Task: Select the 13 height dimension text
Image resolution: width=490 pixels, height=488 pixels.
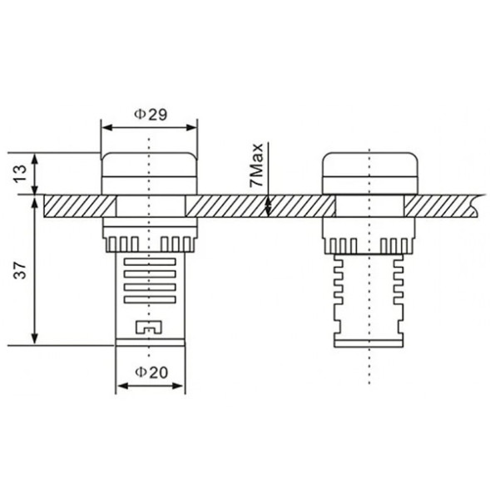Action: pos(22,174)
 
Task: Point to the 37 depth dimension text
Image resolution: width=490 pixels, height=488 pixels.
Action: pos(22,269)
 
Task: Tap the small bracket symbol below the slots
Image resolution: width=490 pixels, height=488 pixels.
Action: pos(149,326)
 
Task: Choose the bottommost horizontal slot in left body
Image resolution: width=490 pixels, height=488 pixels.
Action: pos(149,300)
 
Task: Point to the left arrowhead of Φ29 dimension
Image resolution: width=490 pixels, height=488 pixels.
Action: pos(106,127)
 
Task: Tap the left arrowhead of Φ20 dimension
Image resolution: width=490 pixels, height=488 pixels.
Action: pos(121,386)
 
